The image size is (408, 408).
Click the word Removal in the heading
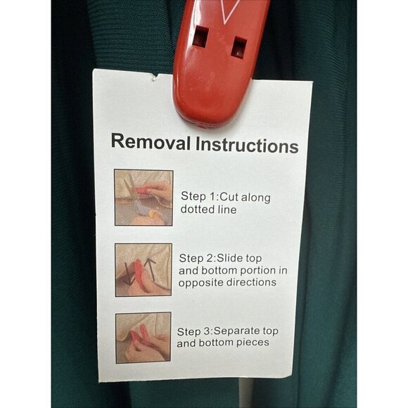click(151, 142)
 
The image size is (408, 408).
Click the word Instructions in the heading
click(247, 145)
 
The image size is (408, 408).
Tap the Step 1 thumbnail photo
click(144, 198)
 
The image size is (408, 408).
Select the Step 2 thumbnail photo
click(144, 270)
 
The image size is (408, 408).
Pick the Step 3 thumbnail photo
click(143, 338)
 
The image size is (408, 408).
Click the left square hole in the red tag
click(200, 36)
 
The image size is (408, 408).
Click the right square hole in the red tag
click(239, 47)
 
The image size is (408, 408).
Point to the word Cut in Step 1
click(229, 197)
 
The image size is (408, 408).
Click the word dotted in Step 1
click(194, 209)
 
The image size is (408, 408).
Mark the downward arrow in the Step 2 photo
click(128, 274)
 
